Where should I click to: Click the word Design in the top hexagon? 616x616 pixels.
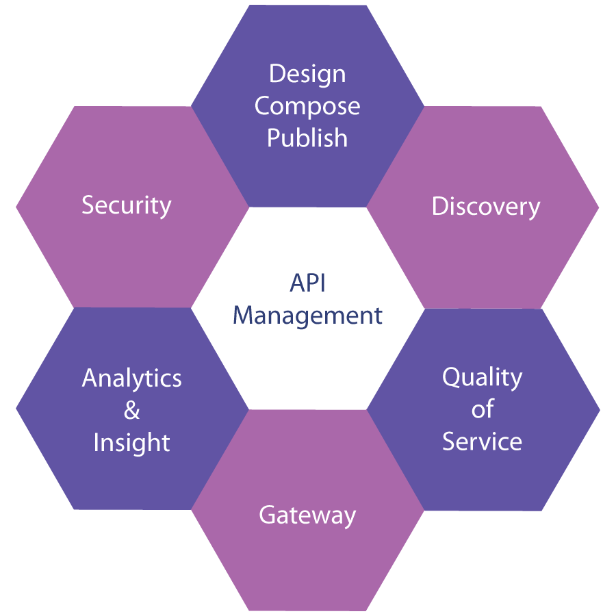click(x=307, y=74)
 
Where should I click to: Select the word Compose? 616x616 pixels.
click(x=307, y=106)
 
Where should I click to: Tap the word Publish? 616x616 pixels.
click(x=307, y=138)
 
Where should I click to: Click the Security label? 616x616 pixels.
click(x=127, y=205)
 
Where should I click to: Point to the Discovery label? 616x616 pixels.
click(x=486, y=206)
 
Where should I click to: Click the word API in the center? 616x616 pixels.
click(x=307, y=283)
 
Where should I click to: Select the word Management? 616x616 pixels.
click(x=307, y=316)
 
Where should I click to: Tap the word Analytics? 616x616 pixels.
click(x=132, y=378)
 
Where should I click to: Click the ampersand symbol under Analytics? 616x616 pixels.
click(x=132, y=411)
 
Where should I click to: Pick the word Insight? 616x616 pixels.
click(x=132, y=443)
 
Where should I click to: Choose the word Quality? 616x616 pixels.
click(x=483, y=378)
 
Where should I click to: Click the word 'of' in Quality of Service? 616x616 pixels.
click(x=483, y=409)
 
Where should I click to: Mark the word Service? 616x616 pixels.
click(x=483, y=441)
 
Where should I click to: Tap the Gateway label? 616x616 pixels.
click(x=307, y=515)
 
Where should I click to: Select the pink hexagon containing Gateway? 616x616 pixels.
click(x=307, y=561)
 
